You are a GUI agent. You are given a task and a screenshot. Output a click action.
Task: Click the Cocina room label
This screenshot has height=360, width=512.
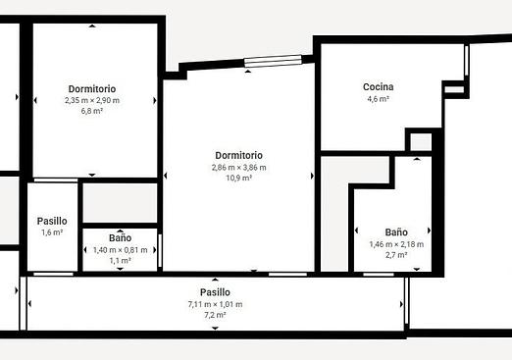pos(379,87)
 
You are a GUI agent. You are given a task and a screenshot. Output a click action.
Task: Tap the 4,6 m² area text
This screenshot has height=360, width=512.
pos(379,99)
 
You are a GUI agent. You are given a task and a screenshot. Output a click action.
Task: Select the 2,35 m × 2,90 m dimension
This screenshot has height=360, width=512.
pos(92,100)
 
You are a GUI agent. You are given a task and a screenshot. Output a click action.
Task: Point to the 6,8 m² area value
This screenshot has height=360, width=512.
pos(92,111)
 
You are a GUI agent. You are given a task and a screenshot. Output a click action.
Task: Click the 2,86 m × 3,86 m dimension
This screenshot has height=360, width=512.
pos(239,168)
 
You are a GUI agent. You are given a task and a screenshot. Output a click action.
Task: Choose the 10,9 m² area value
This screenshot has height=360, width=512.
pos(239,178)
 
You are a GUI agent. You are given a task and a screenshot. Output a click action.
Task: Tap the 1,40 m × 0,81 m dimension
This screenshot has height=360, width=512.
pos(121,250)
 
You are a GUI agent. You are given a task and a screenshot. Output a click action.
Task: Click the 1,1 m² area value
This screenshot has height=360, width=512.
pos(121,261)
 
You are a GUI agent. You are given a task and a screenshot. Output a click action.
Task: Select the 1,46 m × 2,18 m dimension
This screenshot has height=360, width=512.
pos(396,244)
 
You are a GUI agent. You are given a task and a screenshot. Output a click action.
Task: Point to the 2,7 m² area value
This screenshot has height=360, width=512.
pos(396,255)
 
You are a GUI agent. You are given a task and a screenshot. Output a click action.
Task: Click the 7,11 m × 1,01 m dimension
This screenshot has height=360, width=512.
pos(215,304)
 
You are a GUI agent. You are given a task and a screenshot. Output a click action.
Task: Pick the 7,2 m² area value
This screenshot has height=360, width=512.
pos(215,315)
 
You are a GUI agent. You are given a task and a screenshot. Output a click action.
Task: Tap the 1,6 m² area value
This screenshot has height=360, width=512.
pos(52,232)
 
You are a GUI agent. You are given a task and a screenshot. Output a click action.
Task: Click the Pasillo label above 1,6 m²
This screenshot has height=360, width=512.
pos(52,221)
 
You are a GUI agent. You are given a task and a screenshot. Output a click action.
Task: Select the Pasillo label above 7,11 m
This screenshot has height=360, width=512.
pos(215,292)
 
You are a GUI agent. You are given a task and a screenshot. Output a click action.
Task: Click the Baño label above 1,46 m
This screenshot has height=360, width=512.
pos(396,232)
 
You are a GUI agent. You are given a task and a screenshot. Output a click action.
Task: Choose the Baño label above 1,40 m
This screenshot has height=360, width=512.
pos(121,237)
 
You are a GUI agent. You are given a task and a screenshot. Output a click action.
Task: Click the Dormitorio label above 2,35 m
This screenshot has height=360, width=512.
pos(92,89)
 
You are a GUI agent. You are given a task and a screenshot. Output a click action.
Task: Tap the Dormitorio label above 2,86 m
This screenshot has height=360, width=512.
pos(239,155)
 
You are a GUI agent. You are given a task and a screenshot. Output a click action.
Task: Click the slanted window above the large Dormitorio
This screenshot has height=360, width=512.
pos(273,61)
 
